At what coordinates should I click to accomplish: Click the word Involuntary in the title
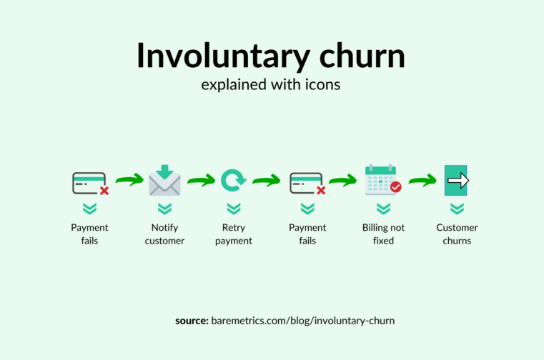(223, 56)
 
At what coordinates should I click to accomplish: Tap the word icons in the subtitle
(322, 84)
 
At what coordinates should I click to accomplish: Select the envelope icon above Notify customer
(165, 180)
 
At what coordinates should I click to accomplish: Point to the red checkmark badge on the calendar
(396, 187)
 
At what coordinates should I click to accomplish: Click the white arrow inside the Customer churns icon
(458, 180)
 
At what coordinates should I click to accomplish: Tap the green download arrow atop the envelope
(165, 171)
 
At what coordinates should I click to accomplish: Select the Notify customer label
(164, 234)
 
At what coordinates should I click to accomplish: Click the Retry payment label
(234, 234)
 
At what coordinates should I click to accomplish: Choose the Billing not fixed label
(383, 234)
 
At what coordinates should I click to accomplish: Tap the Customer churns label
(457, 234)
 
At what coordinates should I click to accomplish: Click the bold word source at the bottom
(192, 321)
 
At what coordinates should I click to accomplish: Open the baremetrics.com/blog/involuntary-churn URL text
(303, 321)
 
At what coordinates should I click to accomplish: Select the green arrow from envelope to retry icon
(201, 180)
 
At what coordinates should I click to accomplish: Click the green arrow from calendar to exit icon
(422, 180)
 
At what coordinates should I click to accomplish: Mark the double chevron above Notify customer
(165, 209)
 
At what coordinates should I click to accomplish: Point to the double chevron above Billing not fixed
(383, 209)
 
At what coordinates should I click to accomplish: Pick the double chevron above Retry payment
(234, 209)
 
